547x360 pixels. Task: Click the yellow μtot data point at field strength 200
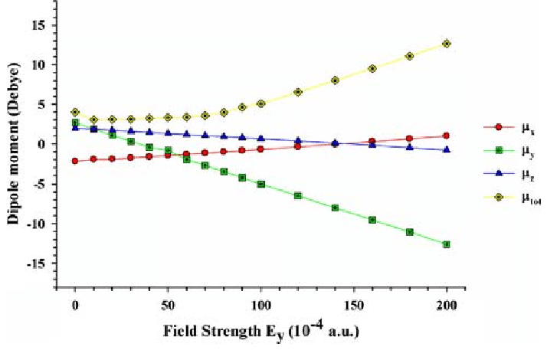pyautogui.click(x=447, y=44)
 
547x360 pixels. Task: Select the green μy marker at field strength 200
pyautogui.click(x=447, y=244)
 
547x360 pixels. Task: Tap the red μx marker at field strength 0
pyautogui.click(x=75, y=161)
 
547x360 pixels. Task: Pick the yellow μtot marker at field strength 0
pyautogui.click(x=75, y=112)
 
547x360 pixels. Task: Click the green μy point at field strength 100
pyautogui.click(x=261, y=184)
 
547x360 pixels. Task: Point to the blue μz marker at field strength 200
pyautogui.click(x=447, y=149)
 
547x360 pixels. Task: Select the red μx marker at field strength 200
pyautogui.click(x=447, y=136)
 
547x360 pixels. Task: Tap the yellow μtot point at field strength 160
pyautogui.click(x=372, y=68)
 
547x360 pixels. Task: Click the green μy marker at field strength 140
pyautogui.click(x=336, y=208)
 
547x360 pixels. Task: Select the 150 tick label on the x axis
pyautogui.click(x=354, y=306)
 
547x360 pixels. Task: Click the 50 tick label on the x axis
pyautogui.click(x=168, y=306)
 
